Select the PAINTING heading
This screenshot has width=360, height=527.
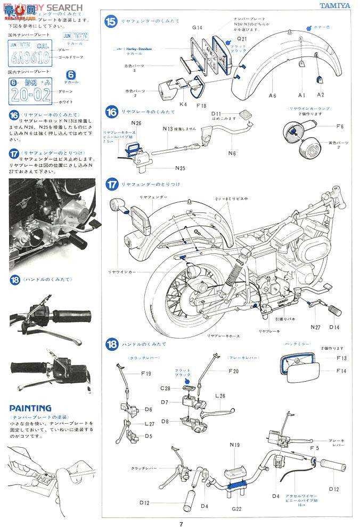coord(30,408)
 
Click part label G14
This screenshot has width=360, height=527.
coord(198,28)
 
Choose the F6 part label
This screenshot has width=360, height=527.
coord(340,127)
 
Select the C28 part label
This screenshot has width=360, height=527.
coord(165,389)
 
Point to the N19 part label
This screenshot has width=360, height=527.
coord(235,444)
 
